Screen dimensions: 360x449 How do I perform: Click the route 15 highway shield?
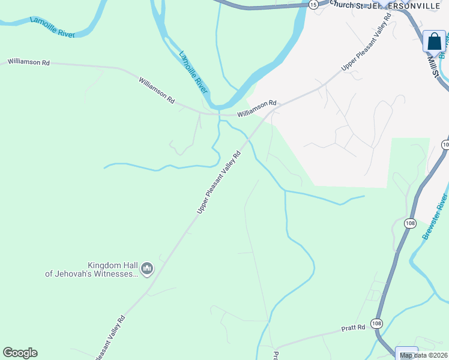313,4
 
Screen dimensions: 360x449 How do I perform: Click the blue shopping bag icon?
434,42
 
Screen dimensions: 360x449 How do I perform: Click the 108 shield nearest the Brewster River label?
410,224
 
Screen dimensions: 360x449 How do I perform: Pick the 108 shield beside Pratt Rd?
376,323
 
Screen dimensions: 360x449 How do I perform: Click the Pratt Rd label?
353,328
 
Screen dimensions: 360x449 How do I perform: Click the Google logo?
20,353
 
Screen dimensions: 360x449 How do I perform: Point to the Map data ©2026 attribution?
423,355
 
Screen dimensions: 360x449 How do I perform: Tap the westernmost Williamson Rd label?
29,62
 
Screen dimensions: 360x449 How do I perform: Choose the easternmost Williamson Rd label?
256,107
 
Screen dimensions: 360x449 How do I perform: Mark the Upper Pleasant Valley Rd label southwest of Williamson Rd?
219,182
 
